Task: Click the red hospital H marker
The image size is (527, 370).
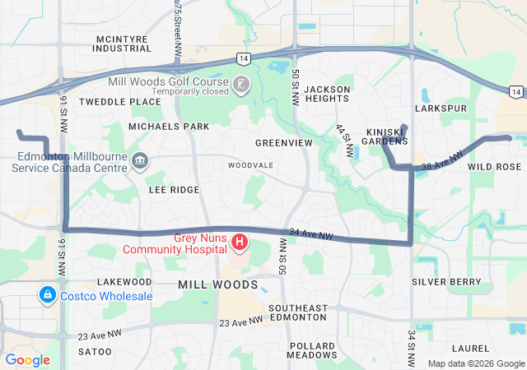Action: pos(240,242)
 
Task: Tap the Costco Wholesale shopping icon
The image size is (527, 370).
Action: pos(47,294)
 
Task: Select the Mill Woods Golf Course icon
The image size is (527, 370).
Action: pos(239,84)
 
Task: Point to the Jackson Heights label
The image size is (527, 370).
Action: pos(327,94)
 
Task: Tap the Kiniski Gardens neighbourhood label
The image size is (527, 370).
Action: pos(386,136)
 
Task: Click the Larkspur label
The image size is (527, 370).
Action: pos(441,109)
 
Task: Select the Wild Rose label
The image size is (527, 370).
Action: pos(494,167)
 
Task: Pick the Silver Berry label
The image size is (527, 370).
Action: pos(446,282)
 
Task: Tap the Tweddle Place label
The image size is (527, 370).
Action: pos(120,102)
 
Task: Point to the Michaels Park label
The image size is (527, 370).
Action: pos(169,127)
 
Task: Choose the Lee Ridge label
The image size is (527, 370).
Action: pos(174,190)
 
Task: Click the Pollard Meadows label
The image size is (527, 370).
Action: pos(311,350)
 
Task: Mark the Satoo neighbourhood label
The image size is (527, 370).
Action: pos(95,352)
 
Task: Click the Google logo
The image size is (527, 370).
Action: pos(28,360)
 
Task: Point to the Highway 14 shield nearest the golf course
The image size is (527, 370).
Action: pos(242,58)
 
